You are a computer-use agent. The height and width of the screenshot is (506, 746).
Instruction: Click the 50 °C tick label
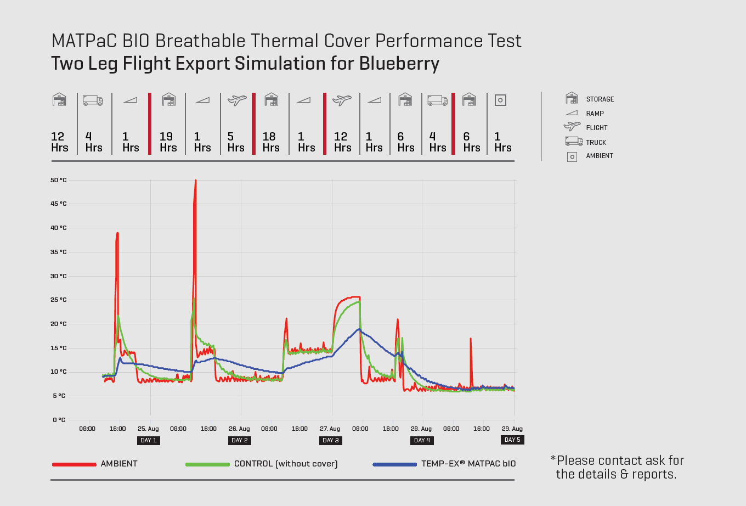58,180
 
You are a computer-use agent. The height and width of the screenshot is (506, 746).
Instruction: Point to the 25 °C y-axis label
58,300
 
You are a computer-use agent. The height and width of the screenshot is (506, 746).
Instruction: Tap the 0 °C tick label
59,420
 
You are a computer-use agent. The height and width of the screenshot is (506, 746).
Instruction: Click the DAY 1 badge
149,440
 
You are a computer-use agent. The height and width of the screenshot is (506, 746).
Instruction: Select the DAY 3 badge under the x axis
331,440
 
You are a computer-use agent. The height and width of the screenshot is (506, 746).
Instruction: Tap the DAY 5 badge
512,440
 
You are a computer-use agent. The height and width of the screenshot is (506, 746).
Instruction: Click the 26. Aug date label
239,429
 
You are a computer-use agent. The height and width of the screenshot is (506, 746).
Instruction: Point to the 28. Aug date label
421,429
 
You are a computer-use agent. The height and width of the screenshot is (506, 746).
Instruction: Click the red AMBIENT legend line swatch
74,464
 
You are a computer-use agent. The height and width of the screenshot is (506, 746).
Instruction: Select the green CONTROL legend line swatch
207,464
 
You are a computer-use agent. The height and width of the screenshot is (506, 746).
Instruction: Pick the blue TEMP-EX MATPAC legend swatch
394,464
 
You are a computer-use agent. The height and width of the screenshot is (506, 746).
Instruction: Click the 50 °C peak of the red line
195,181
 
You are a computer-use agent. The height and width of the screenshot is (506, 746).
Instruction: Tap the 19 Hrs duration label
168,142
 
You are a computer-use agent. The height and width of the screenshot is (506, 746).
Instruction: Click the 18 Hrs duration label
270,142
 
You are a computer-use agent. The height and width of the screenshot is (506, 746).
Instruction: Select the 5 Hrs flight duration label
235,142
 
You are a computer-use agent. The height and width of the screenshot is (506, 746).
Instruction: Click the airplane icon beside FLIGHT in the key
572,127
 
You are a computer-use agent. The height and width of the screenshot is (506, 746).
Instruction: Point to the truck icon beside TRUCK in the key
573,142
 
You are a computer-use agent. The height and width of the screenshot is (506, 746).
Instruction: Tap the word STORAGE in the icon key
600,99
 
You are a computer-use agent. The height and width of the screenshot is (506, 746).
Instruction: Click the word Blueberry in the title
399,64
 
